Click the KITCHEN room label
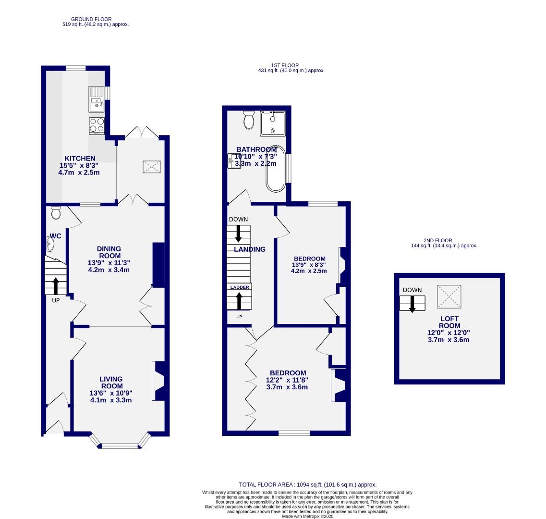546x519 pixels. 80,158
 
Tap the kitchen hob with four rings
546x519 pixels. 97,126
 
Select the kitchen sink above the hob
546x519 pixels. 97,99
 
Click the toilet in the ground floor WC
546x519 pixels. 56,212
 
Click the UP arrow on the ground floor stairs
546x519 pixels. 55,285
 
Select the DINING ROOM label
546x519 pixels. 109,252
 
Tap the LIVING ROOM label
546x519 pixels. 111,383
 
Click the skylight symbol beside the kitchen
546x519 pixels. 152,167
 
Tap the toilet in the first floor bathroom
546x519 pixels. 249,120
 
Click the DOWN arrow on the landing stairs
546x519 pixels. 238,234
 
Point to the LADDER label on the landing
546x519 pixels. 240,287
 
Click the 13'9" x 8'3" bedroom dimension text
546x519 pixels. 309,264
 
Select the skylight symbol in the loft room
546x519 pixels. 449,297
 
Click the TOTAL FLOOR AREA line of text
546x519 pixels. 307,485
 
